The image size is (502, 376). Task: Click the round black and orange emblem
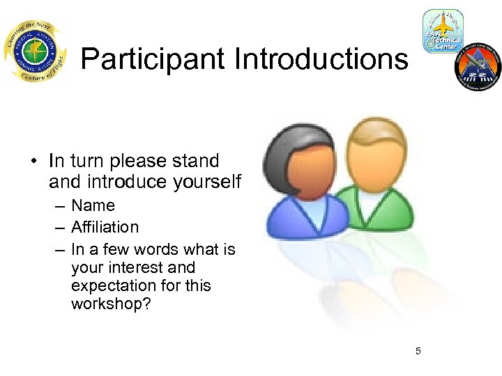478,66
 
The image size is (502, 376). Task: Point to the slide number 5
418,351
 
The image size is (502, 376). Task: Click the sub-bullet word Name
93,206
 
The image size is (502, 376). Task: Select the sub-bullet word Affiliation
105,227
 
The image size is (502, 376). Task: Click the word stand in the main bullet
197,162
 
